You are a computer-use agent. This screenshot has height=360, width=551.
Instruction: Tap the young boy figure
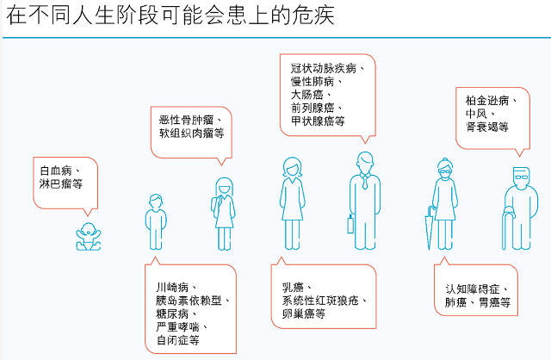156,220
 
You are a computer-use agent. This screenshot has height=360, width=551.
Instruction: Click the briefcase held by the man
350,224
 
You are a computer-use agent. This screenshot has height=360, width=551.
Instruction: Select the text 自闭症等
177,340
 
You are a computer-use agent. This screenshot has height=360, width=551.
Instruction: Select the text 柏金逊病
491,100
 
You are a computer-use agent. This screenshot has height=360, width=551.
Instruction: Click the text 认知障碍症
478,289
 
